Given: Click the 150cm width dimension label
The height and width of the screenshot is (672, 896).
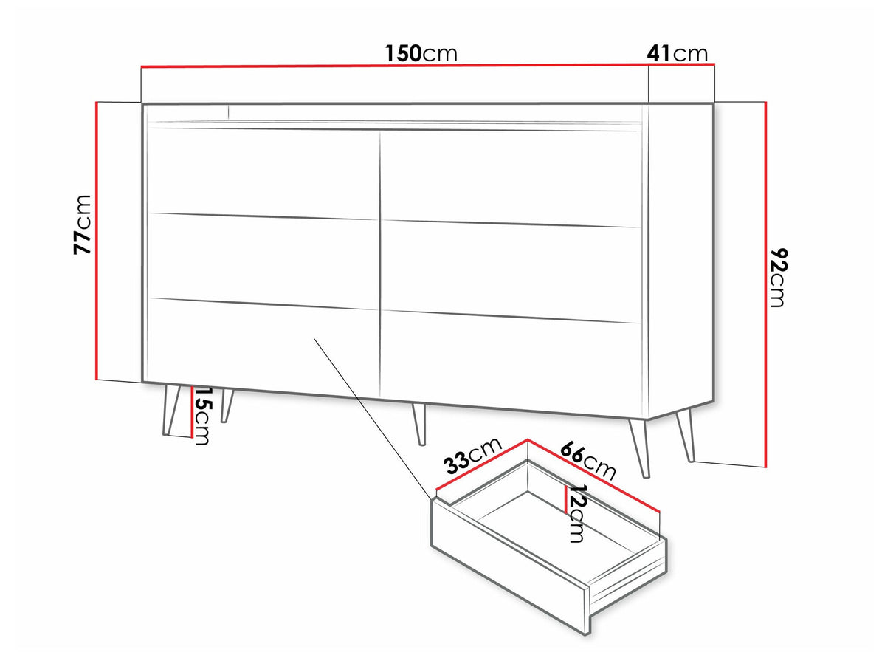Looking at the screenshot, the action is (x=421, y=53).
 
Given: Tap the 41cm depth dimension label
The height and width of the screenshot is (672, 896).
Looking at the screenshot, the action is (x=678, y=53).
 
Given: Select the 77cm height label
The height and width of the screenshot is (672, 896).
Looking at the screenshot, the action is (x=83, y=225).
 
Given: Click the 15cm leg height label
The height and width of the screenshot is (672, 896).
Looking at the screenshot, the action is (x=202, y=415).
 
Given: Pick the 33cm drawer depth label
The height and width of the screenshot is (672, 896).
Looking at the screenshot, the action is (x=472, y=456).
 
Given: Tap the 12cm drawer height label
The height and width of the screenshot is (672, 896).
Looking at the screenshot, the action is (x=577, y=513).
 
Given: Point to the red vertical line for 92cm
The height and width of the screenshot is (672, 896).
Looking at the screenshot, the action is (x=766, y=284).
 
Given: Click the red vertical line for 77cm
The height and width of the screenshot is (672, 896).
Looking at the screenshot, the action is (x=97, y=241).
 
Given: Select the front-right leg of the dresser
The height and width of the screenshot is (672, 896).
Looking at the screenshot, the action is (x=639, y=448).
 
